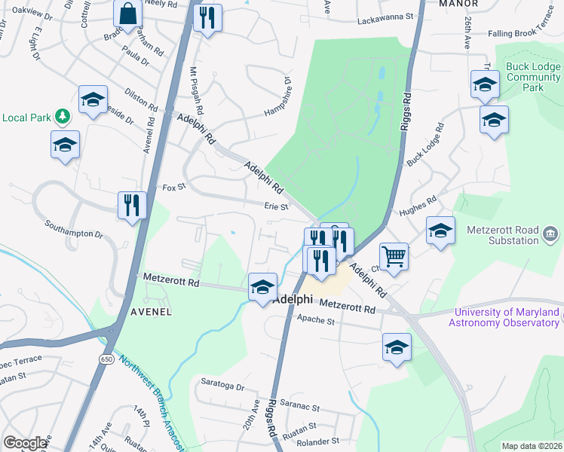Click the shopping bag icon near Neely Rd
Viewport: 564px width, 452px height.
click(128, 14)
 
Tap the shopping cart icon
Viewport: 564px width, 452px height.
click(394, 257)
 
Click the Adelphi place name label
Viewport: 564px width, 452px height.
click(293, 299)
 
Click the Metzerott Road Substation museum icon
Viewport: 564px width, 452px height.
click(551, 237)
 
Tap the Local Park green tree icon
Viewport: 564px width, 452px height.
click(63, 117)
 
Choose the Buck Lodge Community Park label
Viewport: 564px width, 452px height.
click(533, 77)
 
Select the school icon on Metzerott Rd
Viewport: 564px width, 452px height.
click(262, 287)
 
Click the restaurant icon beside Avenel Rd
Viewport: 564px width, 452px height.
click(132, 205)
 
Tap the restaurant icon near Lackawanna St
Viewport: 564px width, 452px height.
click(207, 16)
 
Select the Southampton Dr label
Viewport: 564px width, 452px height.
click(73, 229)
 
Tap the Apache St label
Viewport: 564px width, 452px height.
click(315, 321)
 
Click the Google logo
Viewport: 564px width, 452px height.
click(25, 442)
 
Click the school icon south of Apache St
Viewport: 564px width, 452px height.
click(397, 347)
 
